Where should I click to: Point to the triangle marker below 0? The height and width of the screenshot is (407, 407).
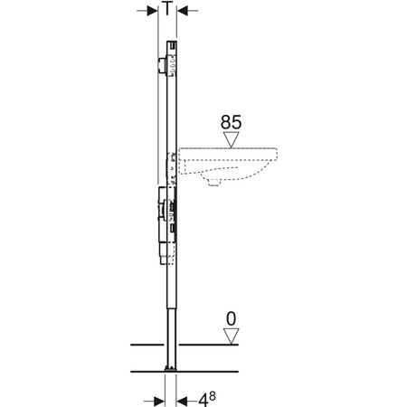232,335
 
